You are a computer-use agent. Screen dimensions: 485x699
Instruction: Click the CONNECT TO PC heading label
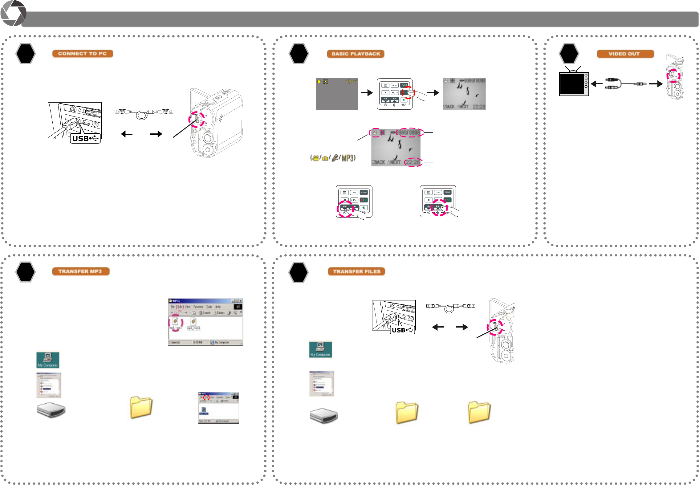pyautogui.click(x=83, y=54)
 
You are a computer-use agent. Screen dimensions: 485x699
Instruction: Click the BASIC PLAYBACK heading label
pyautogui.click(x=356, y=54)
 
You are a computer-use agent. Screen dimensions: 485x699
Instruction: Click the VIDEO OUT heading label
pyautogui.click(x=625, y=54)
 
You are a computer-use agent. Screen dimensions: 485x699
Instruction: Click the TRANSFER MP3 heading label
pyautogui.click(x=80, y=271)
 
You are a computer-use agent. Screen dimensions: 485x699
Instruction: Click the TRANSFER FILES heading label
pyautogui.click(x=356, y=271)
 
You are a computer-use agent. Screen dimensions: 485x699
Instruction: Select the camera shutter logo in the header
pyautogui.click(x=13, y=13)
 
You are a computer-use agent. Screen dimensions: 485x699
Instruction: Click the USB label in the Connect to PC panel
pyautogui.click(x=85, y=139)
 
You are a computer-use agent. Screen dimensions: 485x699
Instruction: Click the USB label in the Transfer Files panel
pyautogui.click(x=402, y=330)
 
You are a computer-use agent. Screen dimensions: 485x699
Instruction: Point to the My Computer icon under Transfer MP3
pyautogui.click(x=48, y=360)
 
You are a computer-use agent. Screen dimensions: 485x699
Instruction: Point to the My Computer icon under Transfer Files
pyautogui.click(x=320, y=349)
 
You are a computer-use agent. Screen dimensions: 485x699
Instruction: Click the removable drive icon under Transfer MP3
pyautogui.click(x=51, y=410)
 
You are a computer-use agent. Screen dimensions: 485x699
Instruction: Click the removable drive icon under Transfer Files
pyautogui.click(x=324, y=416)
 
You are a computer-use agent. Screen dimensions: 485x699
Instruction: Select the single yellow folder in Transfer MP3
pyautogui.click(x=141, y=407)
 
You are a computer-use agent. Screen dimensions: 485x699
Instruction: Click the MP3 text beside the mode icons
pyautogui.click(x=347, y=158)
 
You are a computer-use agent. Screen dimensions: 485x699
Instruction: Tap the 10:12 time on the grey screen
pyautogui.click(x=351, y=82)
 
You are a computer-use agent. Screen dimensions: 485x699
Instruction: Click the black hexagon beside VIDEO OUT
pyautogui.click(x=569, y=54)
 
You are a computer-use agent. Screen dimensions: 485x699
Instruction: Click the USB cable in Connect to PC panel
pyautogui.click(x=144, y=113)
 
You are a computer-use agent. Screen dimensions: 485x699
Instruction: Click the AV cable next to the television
pyautogui.click(x=625, y=84)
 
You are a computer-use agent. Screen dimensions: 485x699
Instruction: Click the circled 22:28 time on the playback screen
pyautogui.click(x=413, y=162)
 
